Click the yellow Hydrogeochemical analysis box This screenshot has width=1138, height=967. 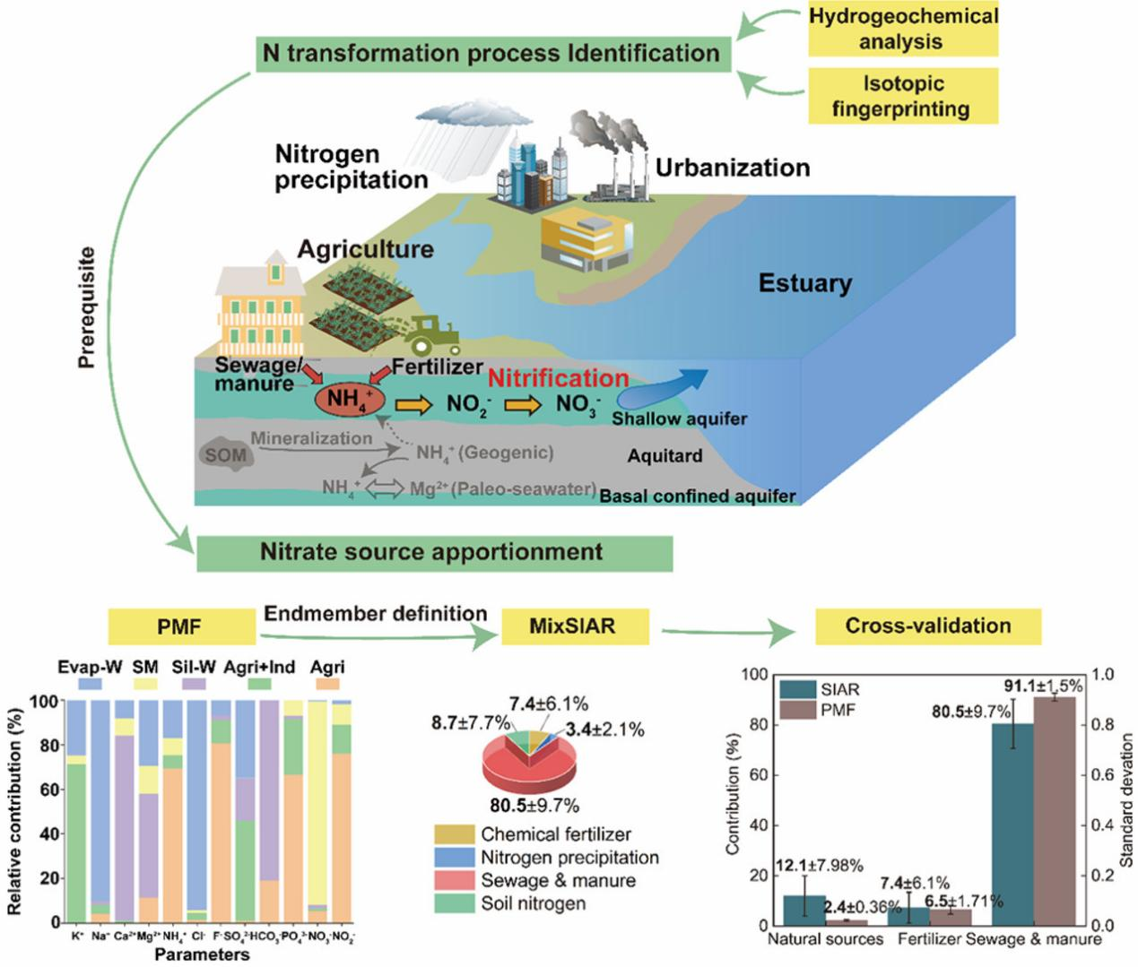point(902,29)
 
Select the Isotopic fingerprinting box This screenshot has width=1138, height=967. point(902,96)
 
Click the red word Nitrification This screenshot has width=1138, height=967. point(558,378)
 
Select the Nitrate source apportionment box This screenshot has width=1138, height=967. point(433,552)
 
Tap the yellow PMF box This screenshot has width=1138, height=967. point(179,626)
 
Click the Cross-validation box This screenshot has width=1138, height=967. point(927,626)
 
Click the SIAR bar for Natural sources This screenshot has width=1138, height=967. point(804,909)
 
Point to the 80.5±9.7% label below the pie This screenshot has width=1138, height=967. point(534,805)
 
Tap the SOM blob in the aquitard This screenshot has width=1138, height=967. point(225,454)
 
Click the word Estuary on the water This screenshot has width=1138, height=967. point(804,283)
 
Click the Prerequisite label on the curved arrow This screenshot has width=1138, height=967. point(87,307)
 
